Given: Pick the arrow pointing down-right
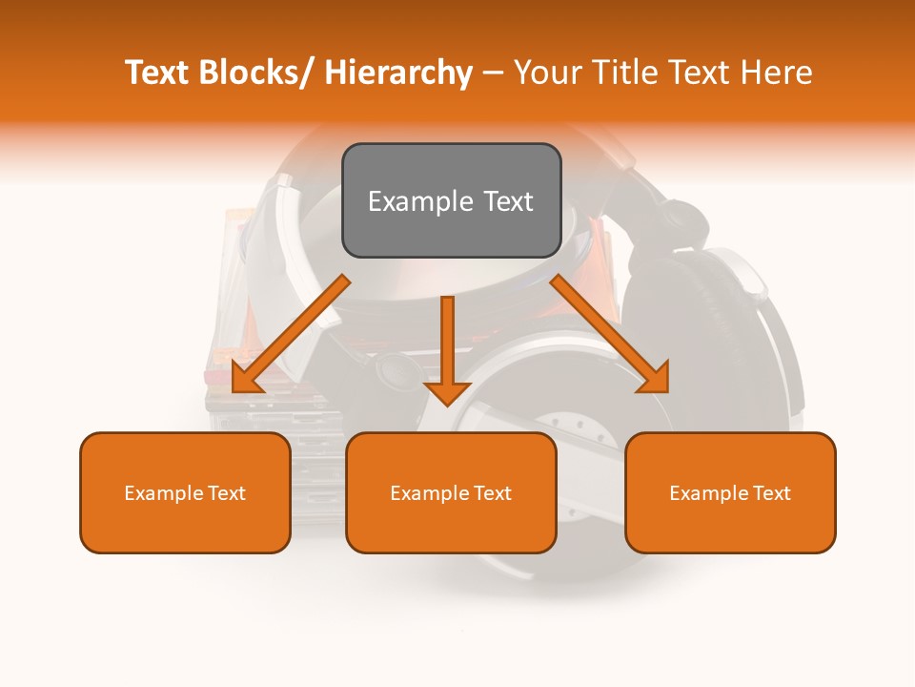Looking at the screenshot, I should click(610, 335).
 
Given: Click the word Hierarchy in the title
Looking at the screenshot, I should click(398, 73).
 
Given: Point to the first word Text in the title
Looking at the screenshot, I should click(158, 73).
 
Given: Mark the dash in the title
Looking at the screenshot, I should click(493, 73).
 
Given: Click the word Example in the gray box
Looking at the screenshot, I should click(420, 201).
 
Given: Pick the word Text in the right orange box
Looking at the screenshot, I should click(771, 493).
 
